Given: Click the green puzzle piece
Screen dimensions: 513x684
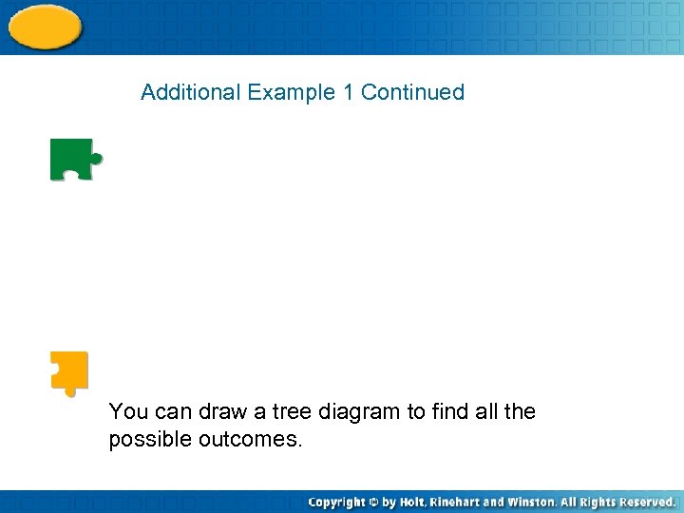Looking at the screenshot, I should coord(73,159).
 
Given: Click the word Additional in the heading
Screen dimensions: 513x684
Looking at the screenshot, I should coord(191,92).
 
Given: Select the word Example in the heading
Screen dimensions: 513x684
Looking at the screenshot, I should coord(292,92).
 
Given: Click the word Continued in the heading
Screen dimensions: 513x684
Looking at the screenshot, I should coord(412,92).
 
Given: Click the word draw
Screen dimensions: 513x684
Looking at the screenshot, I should coord(221,411).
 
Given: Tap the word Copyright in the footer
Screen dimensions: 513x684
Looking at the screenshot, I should coord(336,502).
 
